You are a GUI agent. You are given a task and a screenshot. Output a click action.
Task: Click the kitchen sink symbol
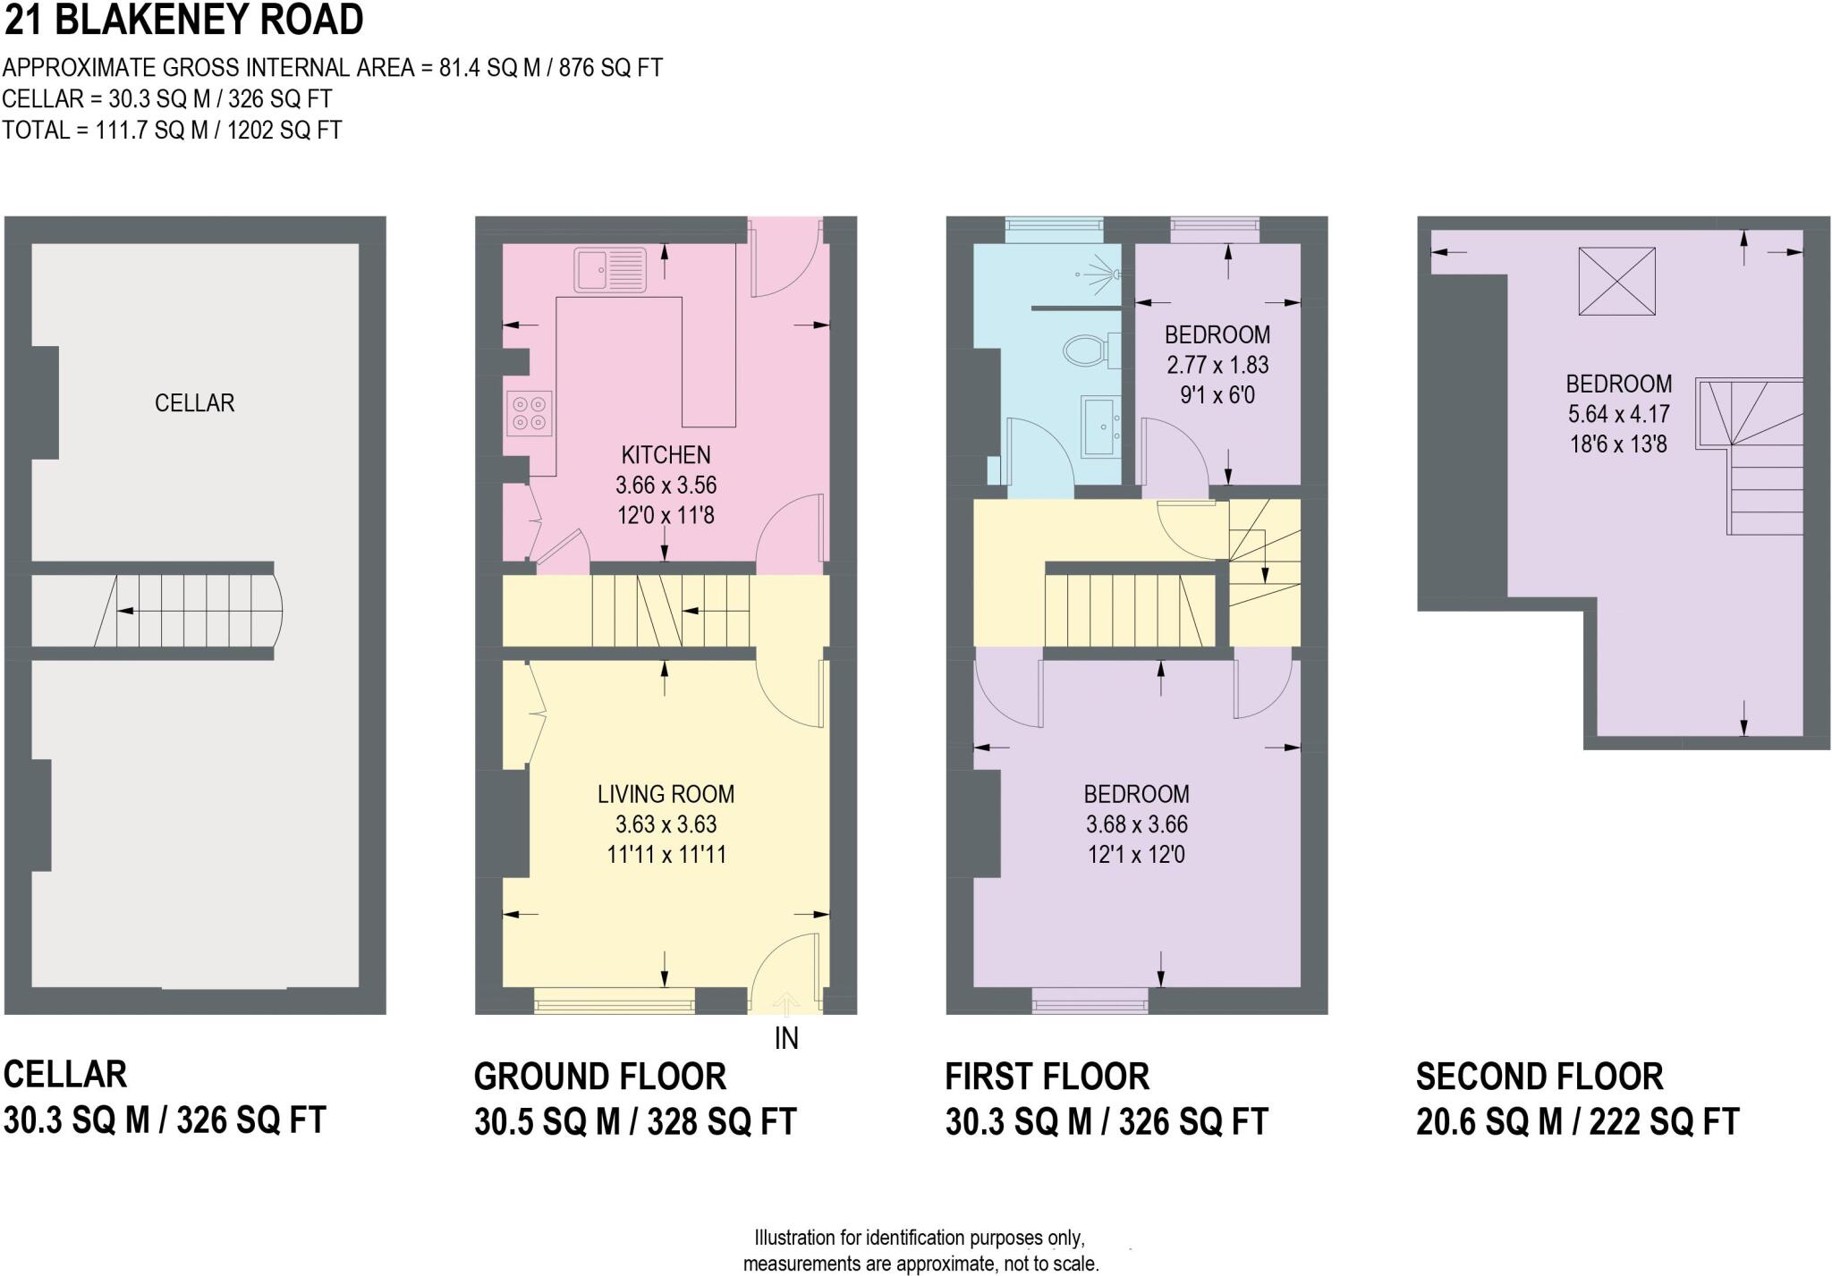point(609,269)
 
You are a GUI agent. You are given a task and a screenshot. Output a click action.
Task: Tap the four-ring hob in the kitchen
point(528,414)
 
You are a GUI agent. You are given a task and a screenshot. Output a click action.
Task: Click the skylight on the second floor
point(1616,282)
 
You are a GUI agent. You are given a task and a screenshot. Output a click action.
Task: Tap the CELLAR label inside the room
point(194,403)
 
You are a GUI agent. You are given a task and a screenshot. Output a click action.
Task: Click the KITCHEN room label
point(666,455)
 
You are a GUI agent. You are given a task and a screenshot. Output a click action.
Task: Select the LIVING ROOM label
point(666,794)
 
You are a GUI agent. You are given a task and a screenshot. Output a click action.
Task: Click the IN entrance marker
point(785,1038)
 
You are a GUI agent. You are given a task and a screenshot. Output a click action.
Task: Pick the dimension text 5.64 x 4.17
point(1618,414)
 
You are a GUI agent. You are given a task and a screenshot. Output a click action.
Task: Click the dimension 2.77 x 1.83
point(1217,365)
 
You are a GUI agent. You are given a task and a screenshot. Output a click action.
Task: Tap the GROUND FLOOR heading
point(599,1077)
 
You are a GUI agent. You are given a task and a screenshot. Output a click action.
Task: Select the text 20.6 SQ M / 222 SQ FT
point(1576,1121)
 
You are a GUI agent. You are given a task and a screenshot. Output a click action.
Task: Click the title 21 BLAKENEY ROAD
point(183,20)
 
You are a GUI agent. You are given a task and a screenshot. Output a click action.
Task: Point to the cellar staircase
point(188,611)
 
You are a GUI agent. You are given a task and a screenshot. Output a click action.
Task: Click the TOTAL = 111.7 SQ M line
point(172,131)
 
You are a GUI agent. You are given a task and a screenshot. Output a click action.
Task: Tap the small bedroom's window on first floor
point(1214,230)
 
